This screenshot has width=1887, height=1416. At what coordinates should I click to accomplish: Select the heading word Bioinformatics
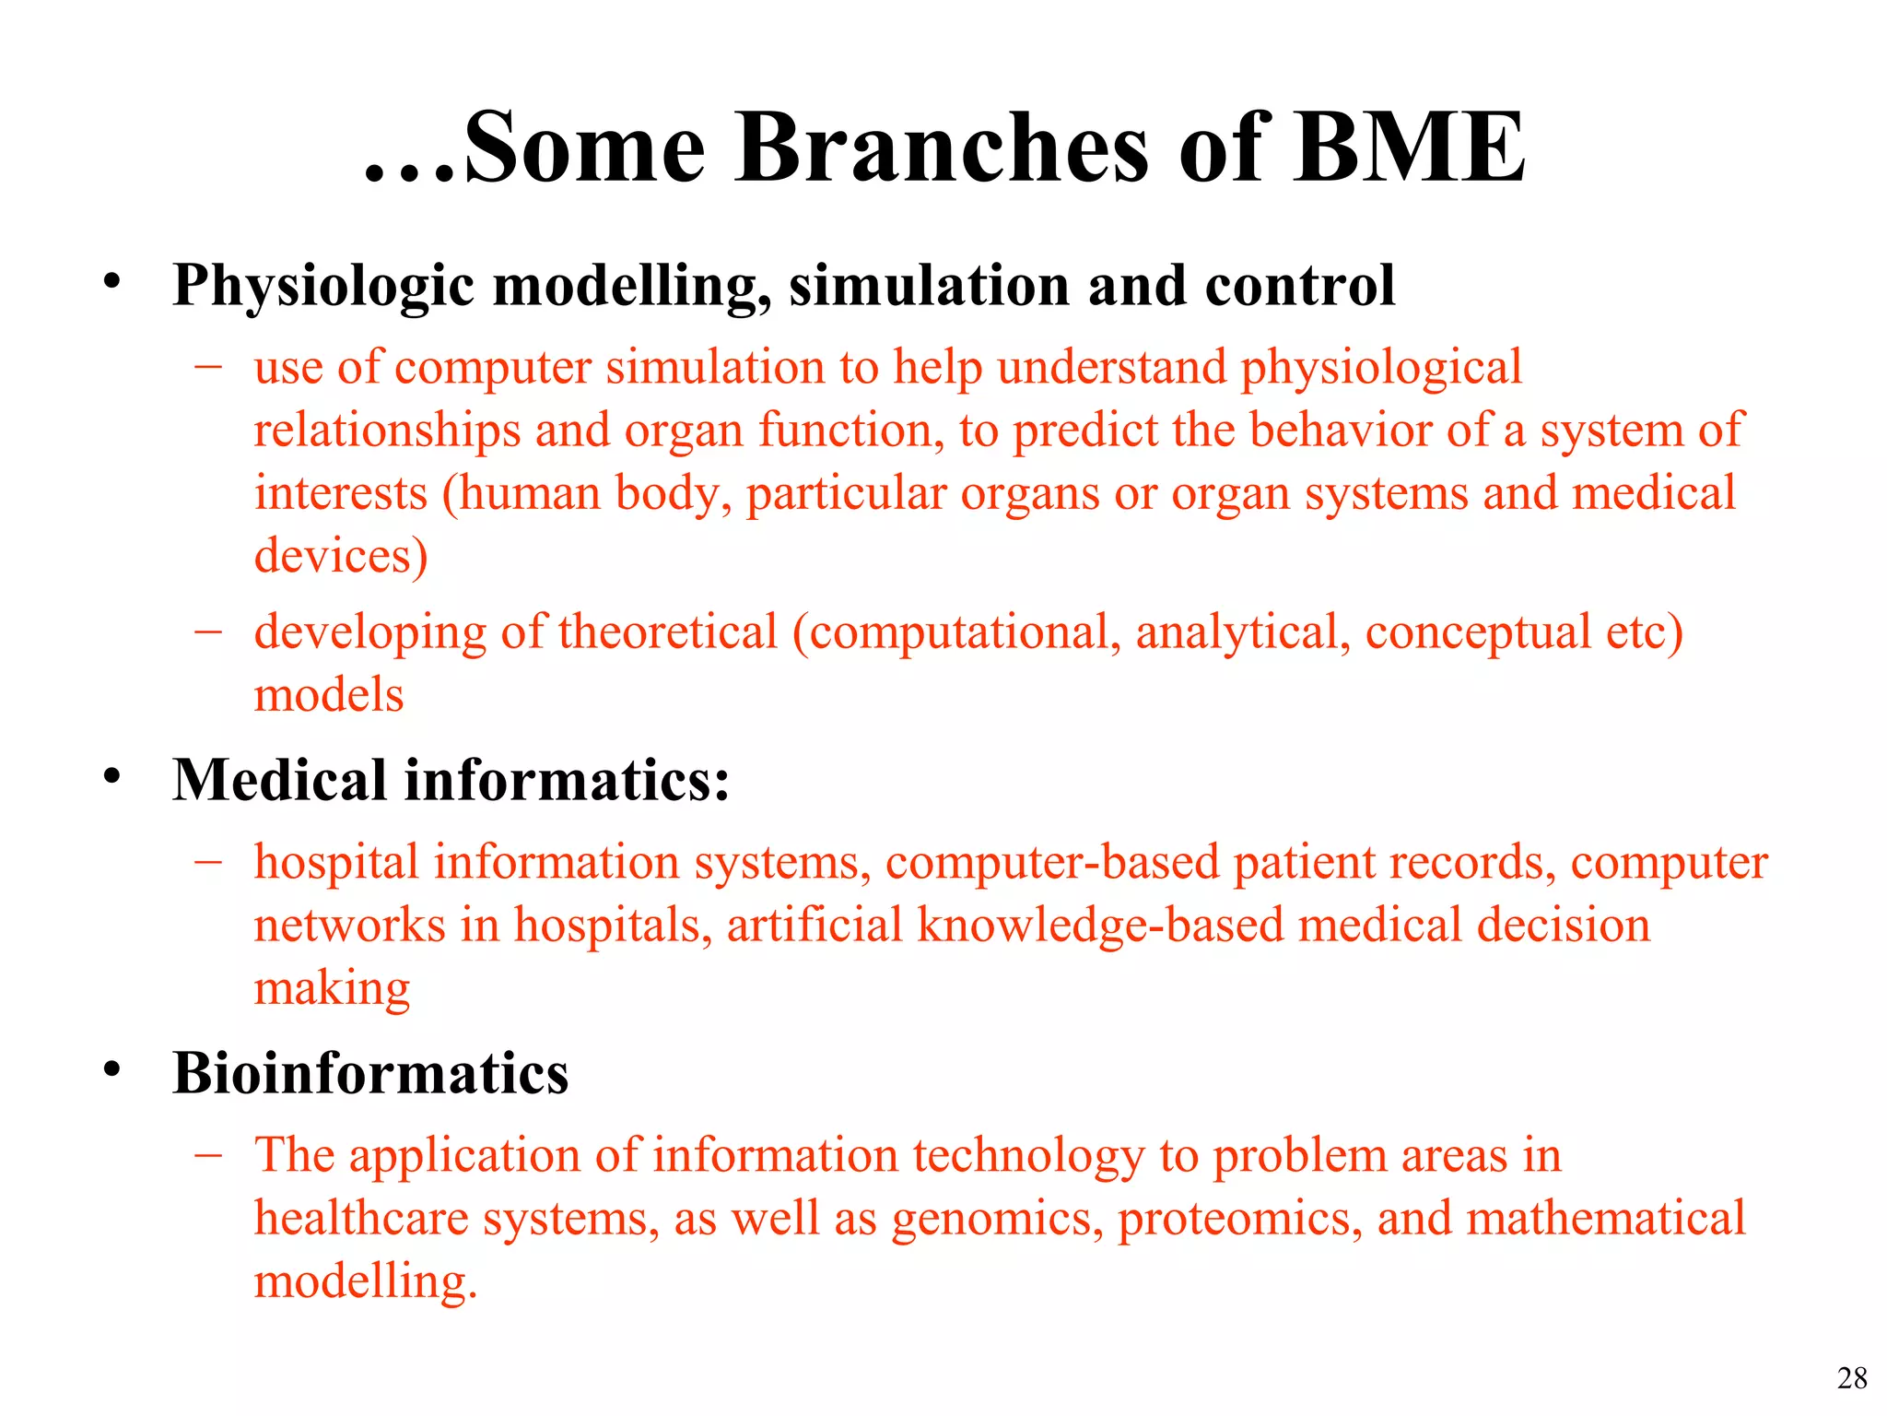(370, 1074)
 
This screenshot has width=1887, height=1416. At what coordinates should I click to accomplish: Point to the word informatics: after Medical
(567, 780)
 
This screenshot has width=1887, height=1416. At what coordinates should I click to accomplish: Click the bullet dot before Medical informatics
(111, 777)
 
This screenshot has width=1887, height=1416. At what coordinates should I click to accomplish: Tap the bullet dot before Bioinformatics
(111, 1070)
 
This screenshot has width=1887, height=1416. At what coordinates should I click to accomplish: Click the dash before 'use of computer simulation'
(209, 366)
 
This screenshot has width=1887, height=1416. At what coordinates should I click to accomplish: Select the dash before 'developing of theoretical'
(209, 631)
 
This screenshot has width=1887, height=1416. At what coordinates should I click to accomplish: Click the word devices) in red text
(341, 556)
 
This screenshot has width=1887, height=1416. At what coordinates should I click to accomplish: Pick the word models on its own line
(329, 695)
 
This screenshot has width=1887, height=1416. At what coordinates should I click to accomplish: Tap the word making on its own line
(332, 988)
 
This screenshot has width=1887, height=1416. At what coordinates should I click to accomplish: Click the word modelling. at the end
(366, 1281)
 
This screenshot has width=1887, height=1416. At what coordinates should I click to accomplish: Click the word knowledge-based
(1100, 926)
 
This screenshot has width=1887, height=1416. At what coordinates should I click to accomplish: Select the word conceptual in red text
(1478, 632)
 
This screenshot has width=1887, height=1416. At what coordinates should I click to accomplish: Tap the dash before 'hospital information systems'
(209, 861)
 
